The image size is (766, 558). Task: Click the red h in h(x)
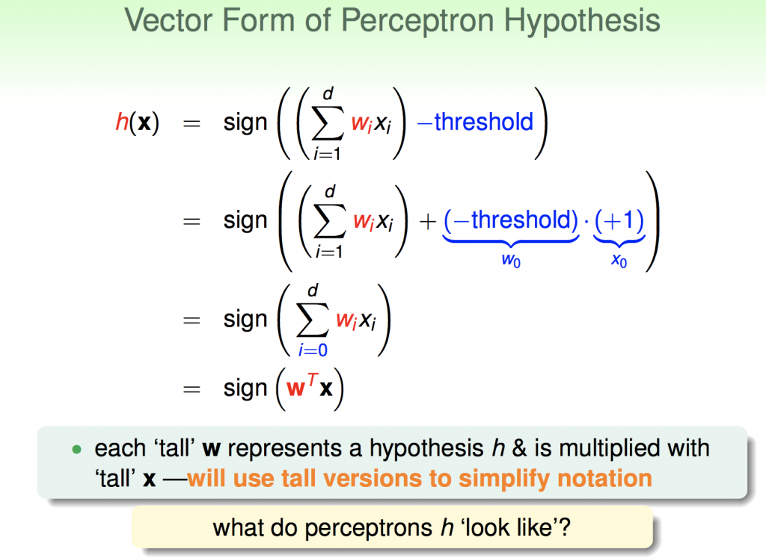(x=122, y=122)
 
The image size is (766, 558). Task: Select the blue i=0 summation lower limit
(x=313, y=350)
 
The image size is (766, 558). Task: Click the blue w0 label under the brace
(x=511, y=260)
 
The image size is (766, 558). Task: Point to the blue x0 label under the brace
(x=619, y=260)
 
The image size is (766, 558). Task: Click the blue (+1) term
(x=619, y=220)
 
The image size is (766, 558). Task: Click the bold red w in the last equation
(x=295, y=389)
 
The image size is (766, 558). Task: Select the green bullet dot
(x=77, y=449)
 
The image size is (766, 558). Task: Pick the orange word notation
(x=604, y=479)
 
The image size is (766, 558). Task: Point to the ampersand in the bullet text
(x=519, y=448)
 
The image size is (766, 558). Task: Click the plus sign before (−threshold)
(x=427, y=222)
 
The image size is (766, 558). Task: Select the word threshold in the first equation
(x=484, y=122)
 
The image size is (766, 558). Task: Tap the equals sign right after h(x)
(x=191, y=123)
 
